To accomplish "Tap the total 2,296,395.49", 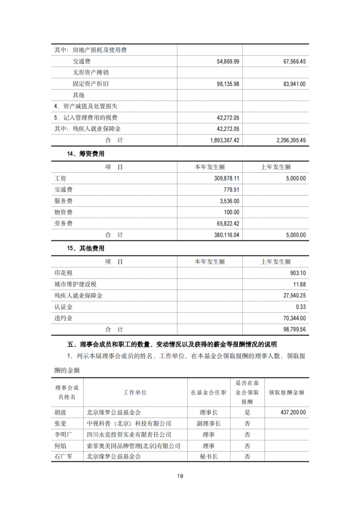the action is coord(287,140).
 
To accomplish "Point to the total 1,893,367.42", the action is coord(221,140).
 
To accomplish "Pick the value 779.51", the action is coord(231,190).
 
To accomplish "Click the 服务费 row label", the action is coord(63,201).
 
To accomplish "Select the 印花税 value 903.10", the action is coord(297,273).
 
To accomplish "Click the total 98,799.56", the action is coord(293,329).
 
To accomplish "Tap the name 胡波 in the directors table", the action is coord(61,412).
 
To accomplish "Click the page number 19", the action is coord(179,476).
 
